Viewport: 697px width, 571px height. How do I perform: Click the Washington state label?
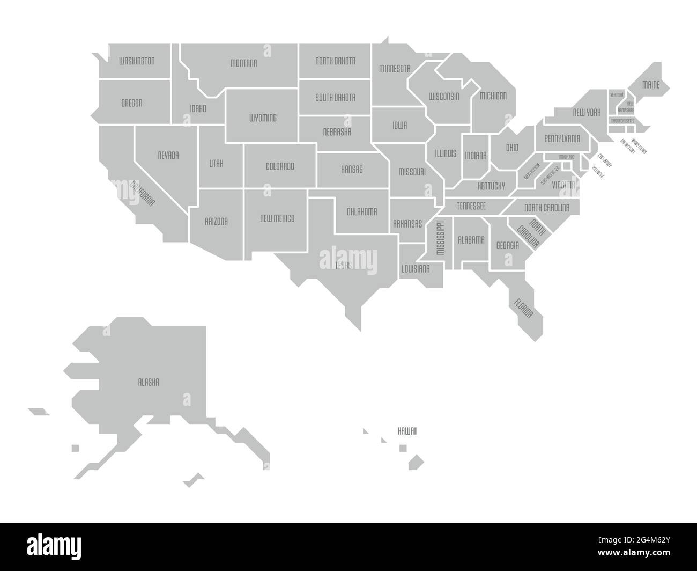137,61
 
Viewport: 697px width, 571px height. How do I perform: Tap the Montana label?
243,63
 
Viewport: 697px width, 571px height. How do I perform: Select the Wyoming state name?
263,118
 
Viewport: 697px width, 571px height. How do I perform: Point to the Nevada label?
168,156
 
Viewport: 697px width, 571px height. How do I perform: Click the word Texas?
344,265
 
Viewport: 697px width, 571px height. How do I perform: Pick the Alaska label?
149,383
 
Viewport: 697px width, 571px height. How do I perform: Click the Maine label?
651,85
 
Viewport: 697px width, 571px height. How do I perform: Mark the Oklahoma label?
362,211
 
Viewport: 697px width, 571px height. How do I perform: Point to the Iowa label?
399,126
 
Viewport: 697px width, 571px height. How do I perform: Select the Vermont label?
617,95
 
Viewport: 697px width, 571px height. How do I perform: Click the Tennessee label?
471,206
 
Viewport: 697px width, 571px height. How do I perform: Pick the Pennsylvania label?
562,138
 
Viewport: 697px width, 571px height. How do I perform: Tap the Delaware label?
597,172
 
